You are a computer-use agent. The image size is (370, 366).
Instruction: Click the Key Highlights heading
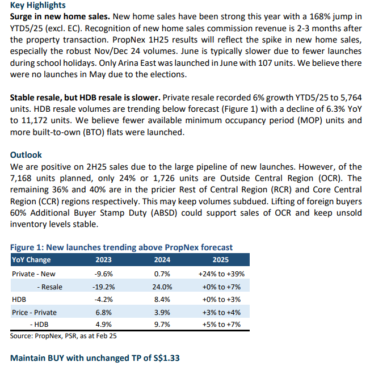(38, 5)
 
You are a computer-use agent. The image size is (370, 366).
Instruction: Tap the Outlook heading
(26, 155)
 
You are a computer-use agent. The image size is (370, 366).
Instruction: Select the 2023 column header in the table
(103, 259)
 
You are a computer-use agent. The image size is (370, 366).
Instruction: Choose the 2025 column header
(221, 259)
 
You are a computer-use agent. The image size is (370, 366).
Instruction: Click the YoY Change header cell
(31, 259)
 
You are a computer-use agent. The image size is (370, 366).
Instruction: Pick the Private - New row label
(33, 274)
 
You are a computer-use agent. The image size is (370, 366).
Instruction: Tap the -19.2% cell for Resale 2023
(104, 287)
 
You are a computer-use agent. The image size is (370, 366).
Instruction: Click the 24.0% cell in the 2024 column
(162, 287)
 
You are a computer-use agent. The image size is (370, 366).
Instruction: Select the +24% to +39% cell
(221, 274)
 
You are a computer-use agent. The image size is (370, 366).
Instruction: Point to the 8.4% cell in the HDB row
(162, 299)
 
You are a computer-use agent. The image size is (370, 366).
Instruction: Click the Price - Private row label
(34, 312)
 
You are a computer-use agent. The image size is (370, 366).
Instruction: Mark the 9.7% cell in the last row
(162, 324)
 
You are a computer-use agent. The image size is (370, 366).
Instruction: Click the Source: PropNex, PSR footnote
(63, 336)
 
